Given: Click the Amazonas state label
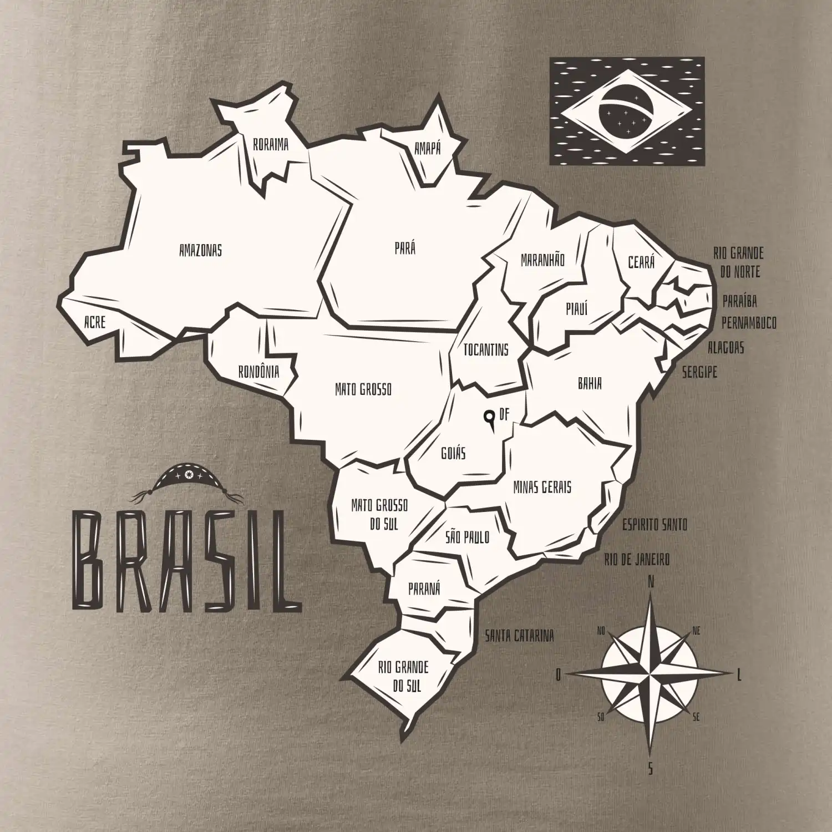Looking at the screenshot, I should (200, 250).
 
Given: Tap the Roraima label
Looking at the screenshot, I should (271, 145).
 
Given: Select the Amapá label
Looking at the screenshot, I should (428, 148).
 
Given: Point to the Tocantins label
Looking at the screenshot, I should (486, 351).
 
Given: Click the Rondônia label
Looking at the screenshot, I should (258, 372).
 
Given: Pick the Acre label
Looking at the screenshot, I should (94, 322).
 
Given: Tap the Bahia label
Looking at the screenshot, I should (590, 383).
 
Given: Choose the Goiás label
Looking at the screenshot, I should (453, 453).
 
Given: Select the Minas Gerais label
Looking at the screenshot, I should (542, 488).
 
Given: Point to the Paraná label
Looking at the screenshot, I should (424, 589).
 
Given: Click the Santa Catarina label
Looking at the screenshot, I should (519, 636).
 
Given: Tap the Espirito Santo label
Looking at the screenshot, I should (655, 524).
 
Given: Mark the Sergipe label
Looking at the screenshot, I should (699, 372).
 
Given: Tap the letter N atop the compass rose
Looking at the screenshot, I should (651, 582).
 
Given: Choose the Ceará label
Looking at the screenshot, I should (641, 262).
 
